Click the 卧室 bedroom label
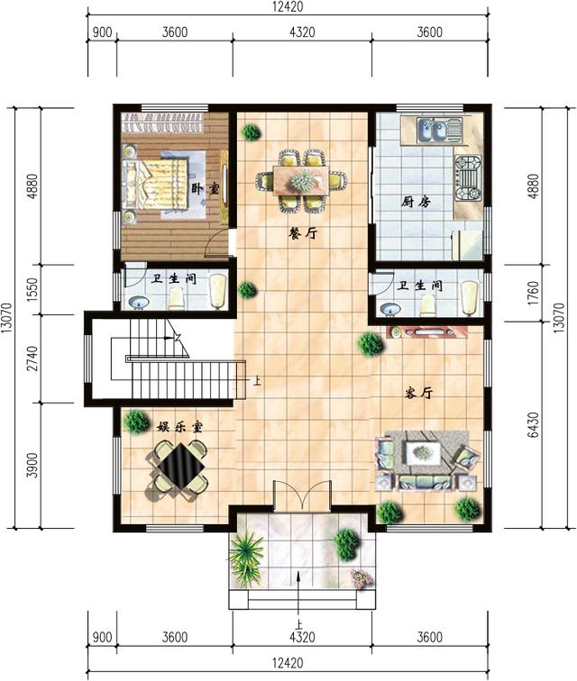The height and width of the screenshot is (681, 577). [206, 189]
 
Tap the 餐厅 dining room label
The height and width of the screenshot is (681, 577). [302, 233]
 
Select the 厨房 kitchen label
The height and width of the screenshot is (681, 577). [416, 202]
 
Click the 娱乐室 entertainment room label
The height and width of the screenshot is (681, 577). [179, 426]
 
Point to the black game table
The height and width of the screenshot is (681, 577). [178, 468]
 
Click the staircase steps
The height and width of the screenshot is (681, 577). [180, 360]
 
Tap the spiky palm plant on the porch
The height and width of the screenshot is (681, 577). [246, 550]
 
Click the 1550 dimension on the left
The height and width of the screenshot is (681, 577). [32, 290]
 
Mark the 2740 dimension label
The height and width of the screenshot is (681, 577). [32, 359]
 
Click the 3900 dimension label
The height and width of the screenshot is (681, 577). [32, 465]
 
